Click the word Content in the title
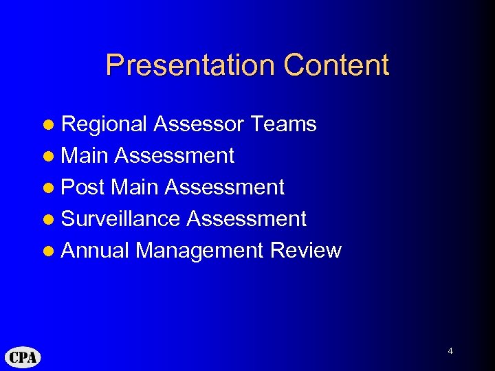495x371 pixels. (336, 65)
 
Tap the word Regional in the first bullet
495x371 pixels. (104, 124)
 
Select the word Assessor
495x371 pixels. (199, 124)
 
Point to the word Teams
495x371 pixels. (284, 124)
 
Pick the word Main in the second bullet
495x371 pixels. (85, 156)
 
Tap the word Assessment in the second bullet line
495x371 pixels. (175, 156)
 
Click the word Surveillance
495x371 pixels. (121, 219)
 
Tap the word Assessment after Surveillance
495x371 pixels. (247, 219)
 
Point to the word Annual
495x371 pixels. (95, 251)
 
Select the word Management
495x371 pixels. (199, 251)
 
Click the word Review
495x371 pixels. (306, 251)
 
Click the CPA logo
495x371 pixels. (23, 357)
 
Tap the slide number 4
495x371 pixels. (450, 351)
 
